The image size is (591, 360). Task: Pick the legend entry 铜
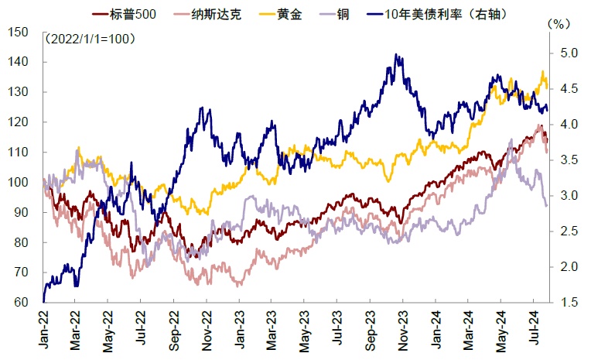click(344, 13)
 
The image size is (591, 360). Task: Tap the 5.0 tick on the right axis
click(569, 53)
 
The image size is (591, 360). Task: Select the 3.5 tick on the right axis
click(569, 160)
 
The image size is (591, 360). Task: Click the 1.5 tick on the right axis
click(569, 303)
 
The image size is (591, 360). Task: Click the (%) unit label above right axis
click(558, 24)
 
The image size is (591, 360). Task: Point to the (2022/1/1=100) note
click(90, 38)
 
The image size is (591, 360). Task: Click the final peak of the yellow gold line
click(541, 71)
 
